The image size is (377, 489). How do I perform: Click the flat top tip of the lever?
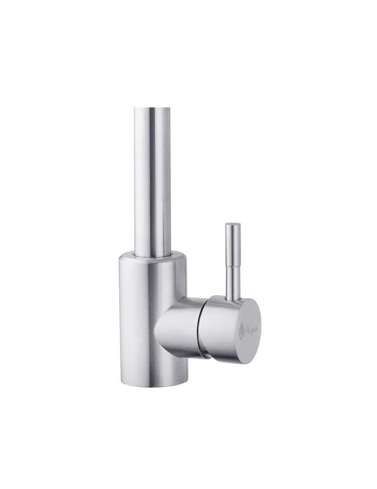[x=233, y=224]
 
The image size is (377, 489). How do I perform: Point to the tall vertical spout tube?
[x=153, y=171]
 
